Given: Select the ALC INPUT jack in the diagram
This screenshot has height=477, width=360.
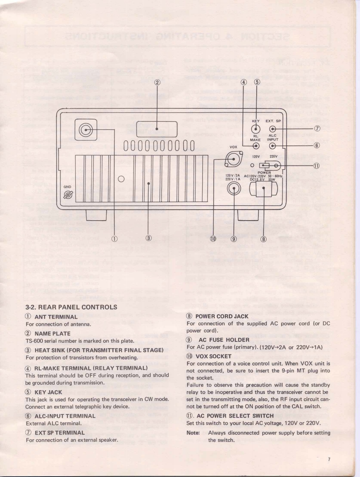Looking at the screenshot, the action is (x=273, y=146).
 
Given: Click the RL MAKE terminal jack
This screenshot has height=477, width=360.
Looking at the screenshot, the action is (x=256, y=146).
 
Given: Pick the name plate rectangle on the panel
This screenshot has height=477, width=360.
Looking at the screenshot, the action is (x=157, y=128).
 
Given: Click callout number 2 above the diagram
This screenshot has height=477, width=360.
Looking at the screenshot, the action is (x=157, y=82).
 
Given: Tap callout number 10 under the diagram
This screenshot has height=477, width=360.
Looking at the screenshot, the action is (x=214, y=238).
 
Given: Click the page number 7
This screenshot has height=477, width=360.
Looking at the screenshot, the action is (x=329, y=459).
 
